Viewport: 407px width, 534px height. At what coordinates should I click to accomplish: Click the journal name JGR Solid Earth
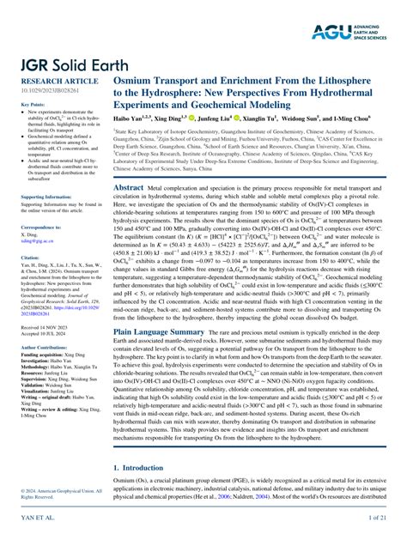click(66, 62)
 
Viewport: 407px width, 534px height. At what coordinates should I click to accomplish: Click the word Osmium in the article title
click(137, 77)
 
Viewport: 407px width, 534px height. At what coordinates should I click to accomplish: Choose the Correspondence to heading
click(43, 226)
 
